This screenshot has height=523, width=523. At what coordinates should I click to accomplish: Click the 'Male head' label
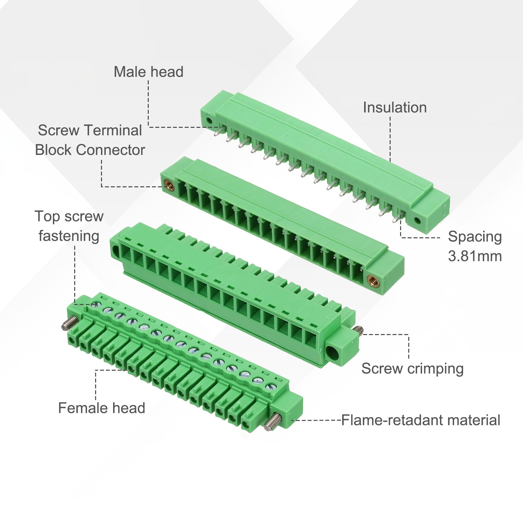click(148, 72)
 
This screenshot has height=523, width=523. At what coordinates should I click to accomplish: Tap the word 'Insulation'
click(395, 108)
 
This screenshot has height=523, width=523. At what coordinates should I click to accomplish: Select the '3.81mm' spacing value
click(475, 256)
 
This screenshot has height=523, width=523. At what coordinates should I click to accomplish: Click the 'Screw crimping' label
click(413, 369)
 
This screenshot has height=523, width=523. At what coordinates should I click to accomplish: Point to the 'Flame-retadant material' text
click(421, 420)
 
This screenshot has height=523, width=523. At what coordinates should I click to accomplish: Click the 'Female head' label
click(102, 408)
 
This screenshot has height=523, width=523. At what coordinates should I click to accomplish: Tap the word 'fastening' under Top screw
click(69, 236)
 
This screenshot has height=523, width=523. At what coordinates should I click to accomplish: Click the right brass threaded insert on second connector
click(371, 280)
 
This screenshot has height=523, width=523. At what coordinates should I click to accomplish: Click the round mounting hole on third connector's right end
click(332, 353)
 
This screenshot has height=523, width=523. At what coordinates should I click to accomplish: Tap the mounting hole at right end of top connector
click(417, 220)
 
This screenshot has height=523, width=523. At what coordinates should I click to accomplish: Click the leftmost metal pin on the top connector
click(218, 131)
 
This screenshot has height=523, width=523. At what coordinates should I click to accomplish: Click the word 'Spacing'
click(475, 237)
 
